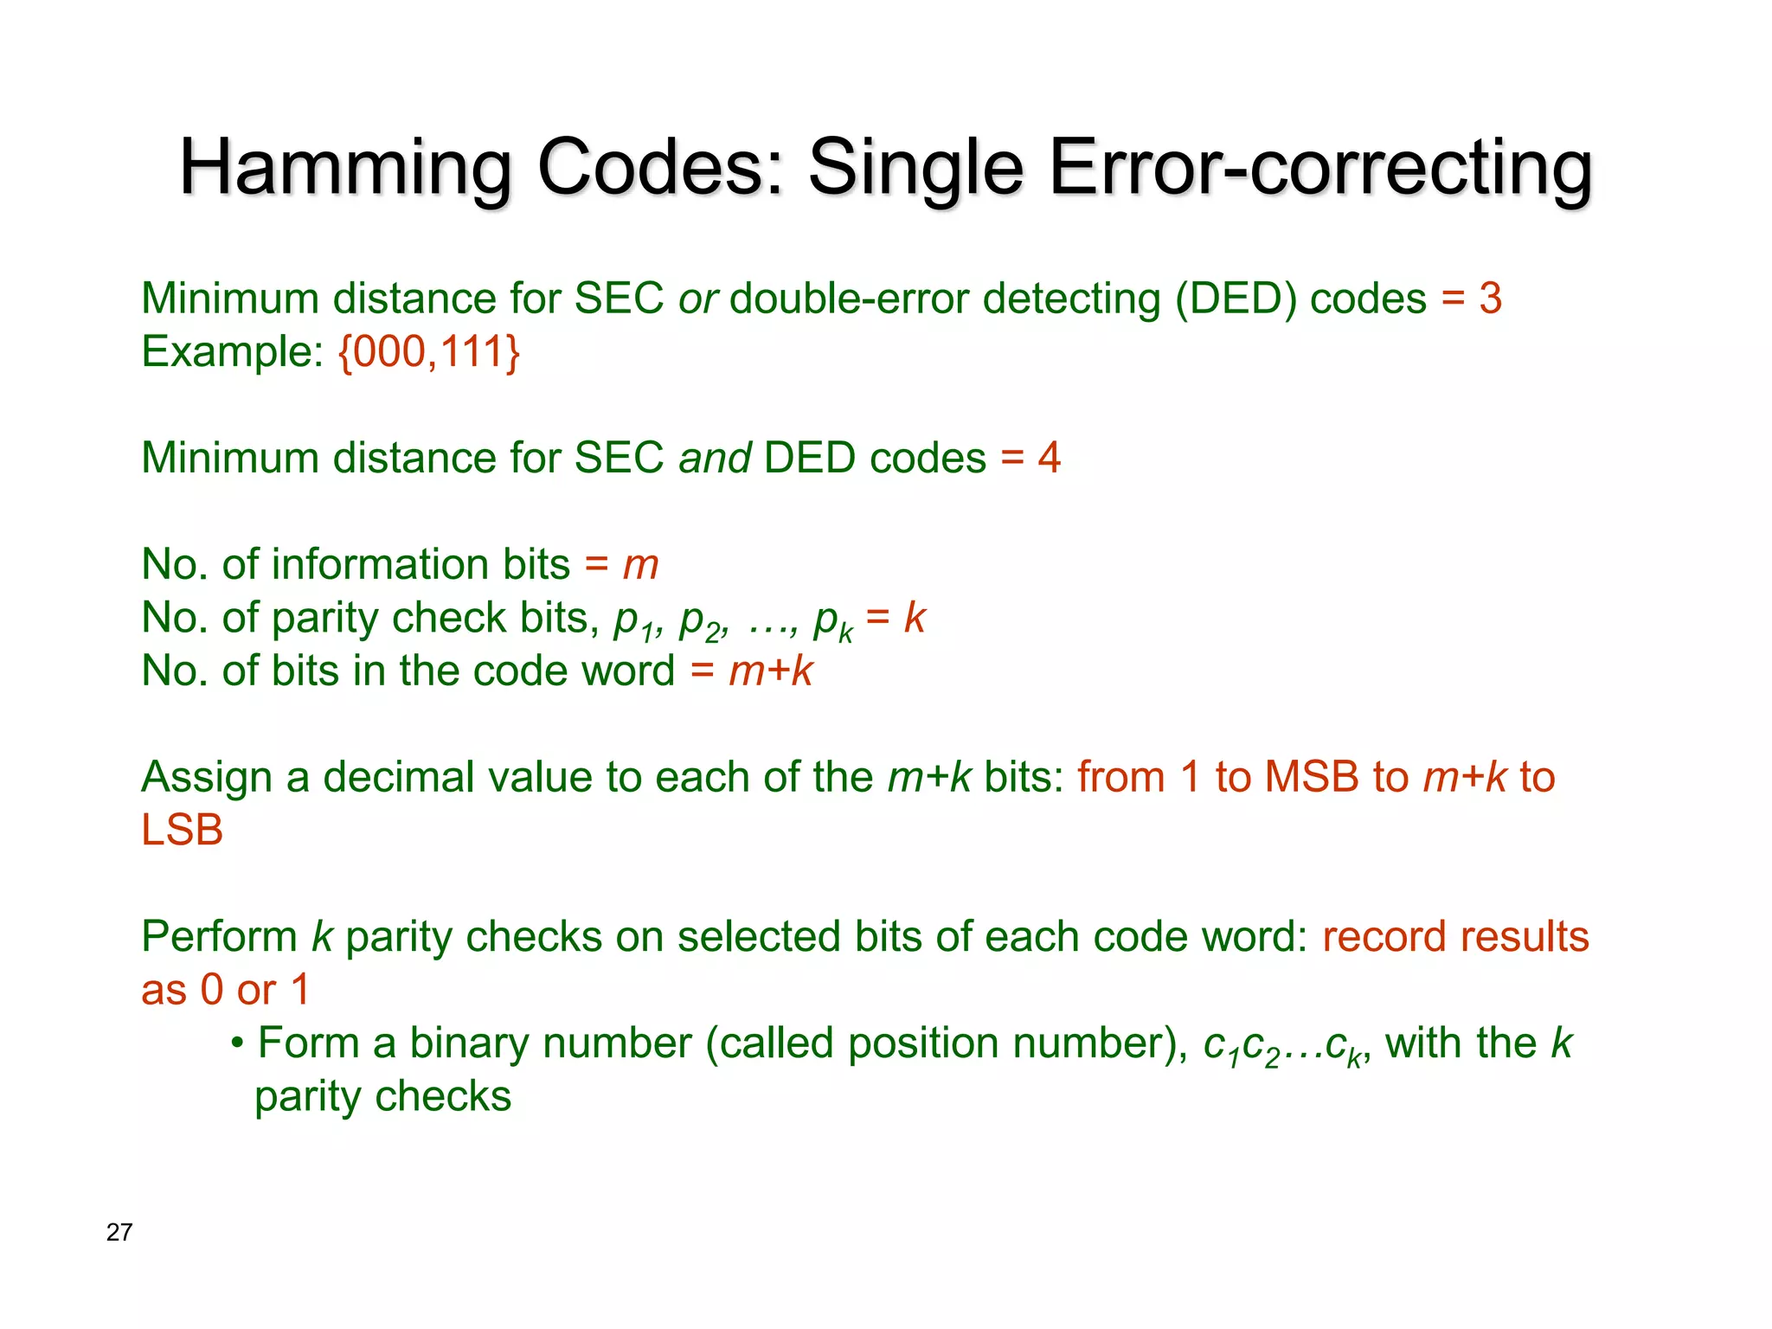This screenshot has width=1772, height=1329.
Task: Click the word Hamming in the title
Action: pyautogui.click(x=346, y=168)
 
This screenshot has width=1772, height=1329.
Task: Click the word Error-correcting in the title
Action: pyautogui.click(x=1320, y=168)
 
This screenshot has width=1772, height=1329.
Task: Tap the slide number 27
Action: pyautogui.click(x=119, y=1232)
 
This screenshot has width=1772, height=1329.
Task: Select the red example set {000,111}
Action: pyautogui.click(x=429, y=352)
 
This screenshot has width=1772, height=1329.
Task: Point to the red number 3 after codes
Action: pyautogui.click(x=1490, y=299)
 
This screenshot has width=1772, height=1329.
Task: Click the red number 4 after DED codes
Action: pyautogui.click(x=1050, y=459)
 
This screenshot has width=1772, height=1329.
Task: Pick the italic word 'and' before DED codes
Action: pyautogui.click(x=715, y=459)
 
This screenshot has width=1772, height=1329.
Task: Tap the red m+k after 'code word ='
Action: pyautogui.click(x=770, y=671)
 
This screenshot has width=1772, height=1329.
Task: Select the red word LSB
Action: pyautogui.click(x=183, y=831)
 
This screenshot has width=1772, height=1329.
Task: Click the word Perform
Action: pyautogui.click(x=220, y=937)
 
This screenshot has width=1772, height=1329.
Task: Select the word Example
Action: pyautogui.click(x=226, y=352)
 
